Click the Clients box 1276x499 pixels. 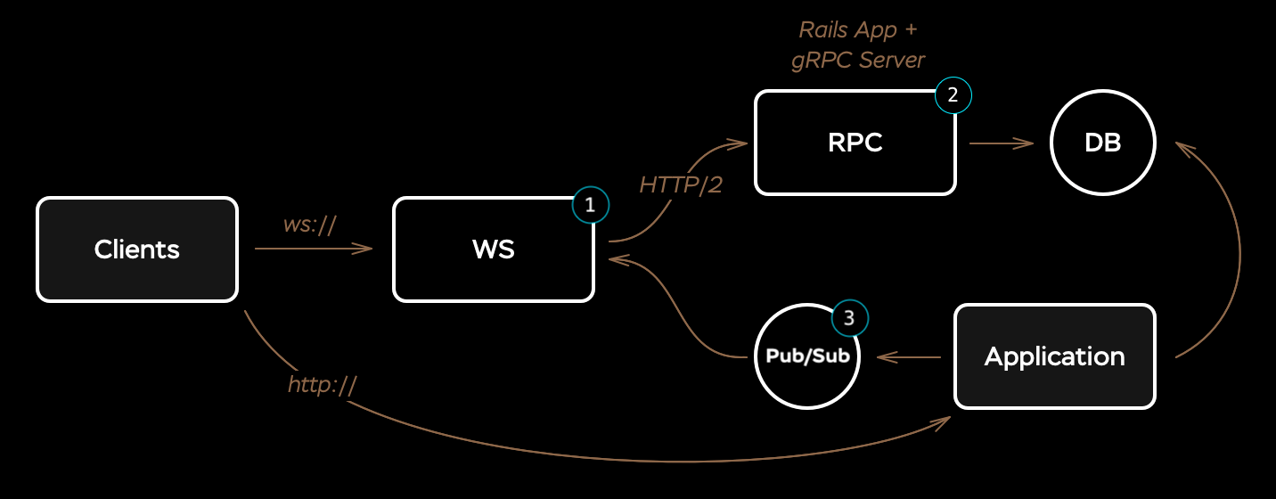137,250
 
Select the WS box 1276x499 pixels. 493,250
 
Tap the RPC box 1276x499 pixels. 855,143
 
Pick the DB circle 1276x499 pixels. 1102,143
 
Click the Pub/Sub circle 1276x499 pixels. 806,356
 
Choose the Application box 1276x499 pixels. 1054,356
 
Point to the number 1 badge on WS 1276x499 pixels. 590,205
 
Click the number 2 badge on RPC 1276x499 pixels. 953,96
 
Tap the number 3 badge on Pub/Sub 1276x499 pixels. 849,317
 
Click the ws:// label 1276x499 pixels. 309,225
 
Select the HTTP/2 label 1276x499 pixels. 681,185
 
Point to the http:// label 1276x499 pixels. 323,385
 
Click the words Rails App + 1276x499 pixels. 857,29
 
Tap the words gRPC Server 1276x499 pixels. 859,60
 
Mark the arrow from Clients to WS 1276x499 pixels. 312,250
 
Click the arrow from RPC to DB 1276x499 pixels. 1001,143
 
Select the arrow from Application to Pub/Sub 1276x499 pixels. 909,356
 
